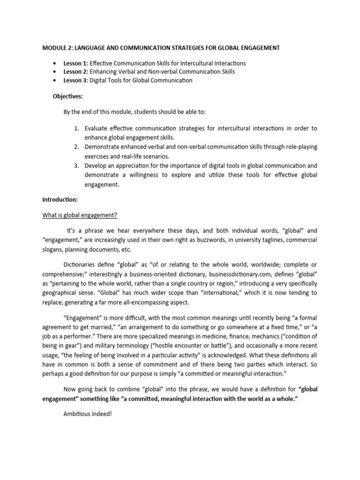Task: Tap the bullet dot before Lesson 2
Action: [55, 72]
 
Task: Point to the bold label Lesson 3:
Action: [75, 80]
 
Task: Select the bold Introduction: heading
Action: [60, 200]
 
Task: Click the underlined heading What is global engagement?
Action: [80, 215]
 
